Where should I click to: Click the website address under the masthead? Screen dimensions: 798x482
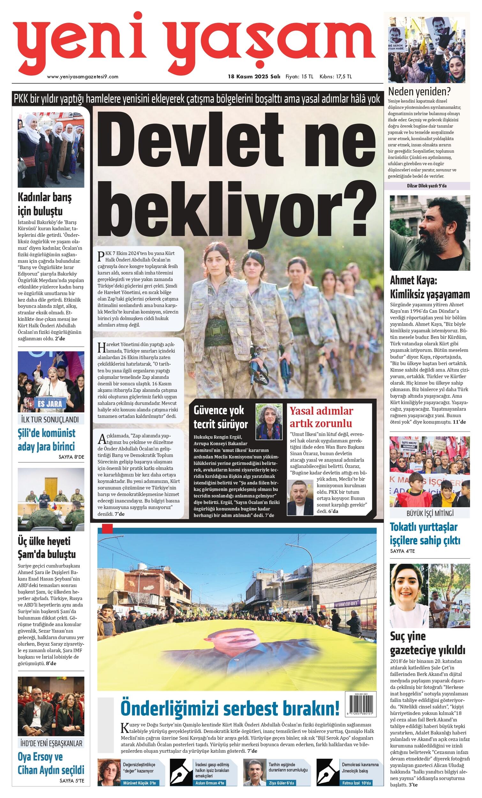[83, 77]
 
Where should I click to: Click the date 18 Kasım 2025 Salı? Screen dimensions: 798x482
[254, 77]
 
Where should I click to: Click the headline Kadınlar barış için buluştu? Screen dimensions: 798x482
[45, 204]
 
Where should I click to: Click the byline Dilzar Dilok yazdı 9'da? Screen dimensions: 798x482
[426, 186]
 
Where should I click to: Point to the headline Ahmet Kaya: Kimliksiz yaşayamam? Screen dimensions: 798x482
[430, 287]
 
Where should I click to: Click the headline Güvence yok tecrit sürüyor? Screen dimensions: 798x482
[221, 417]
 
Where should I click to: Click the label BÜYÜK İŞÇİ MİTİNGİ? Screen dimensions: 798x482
[430, 513]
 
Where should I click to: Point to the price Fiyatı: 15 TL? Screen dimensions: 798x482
[299, 77]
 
